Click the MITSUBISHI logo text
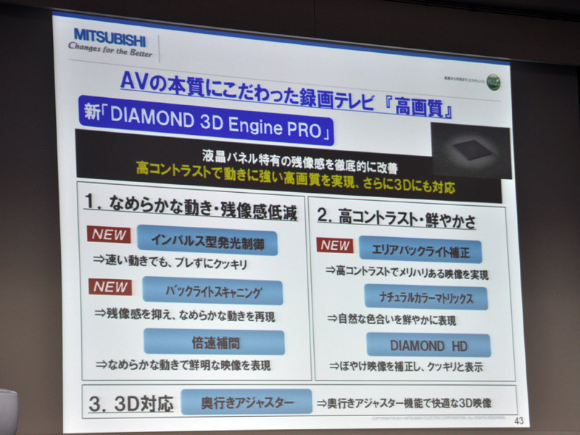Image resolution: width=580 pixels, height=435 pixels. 109,36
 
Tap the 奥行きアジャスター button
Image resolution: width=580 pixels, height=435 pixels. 246,401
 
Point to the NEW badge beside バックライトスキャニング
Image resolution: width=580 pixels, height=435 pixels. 111,286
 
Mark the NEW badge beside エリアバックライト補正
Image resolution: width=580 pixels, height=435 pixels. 336,245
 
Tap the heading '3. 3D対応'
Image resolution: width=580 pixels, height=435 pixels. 131,403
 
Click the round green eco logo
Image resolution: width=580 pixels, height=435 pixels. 494,81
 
